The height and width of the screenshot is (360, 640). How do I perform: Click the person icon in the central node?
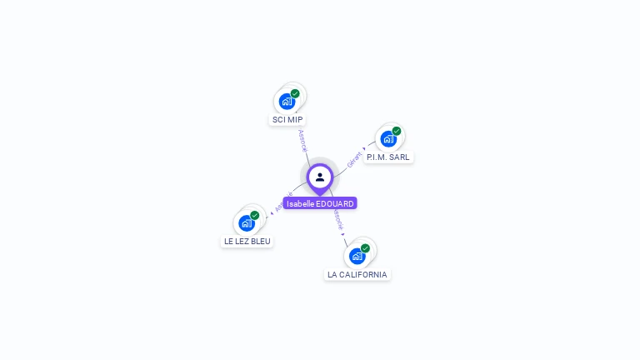[x=320, y=177]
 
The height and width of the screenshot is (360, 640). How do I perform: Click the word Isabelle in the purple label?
[x=301, y=203]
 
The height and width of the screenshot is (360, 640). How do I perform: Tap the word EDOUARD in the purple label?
[x=336, y=203]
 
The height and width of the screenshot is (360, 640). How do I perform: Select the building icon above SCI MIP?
[x=287, y=102]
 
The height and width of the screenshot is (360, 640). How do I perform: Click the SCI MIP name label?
[x=287, y=120]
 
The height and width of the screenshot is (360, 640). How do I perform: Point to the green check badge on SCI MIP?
[x=295, y=93]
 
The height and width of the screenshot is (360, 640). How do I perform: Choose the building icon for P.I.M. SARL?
[x=387, y=139]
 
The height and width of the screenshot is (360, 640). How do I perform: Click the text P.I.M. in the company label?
[x=377, y=157]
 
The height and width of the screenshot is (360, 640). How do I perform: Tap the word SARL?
[x=399, y=157]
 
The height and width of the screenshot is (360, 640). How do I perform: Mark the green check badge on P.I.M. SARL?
[x=397, y=131]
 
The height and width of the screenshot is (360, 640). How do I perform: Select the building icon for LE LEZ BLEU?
[x=246, y=223]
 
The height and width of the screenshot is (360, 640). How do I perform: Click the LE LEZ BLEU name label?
[x=247, y=241]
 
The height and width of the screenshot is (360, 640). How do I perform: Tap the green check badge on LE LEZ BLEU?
[x=255, y=215]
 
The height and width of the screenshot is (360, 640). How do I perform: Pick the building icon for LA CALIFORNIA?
[x=357, y=256]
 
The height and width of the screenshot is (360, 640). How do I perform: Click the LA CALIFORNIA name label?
[x=357, y=274]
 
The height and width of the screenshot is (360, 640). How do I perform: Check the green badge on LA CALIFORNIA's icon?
[x=365, y=247]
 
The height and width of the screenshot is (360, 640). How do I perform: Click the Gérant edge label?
[x=354, y=159]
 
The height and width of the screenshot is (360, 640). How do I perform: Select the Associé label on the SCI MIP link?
[x=302, y=140]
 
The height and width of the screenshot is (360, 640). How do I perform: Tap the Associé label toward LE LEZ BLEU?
[x=282, y=202]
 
